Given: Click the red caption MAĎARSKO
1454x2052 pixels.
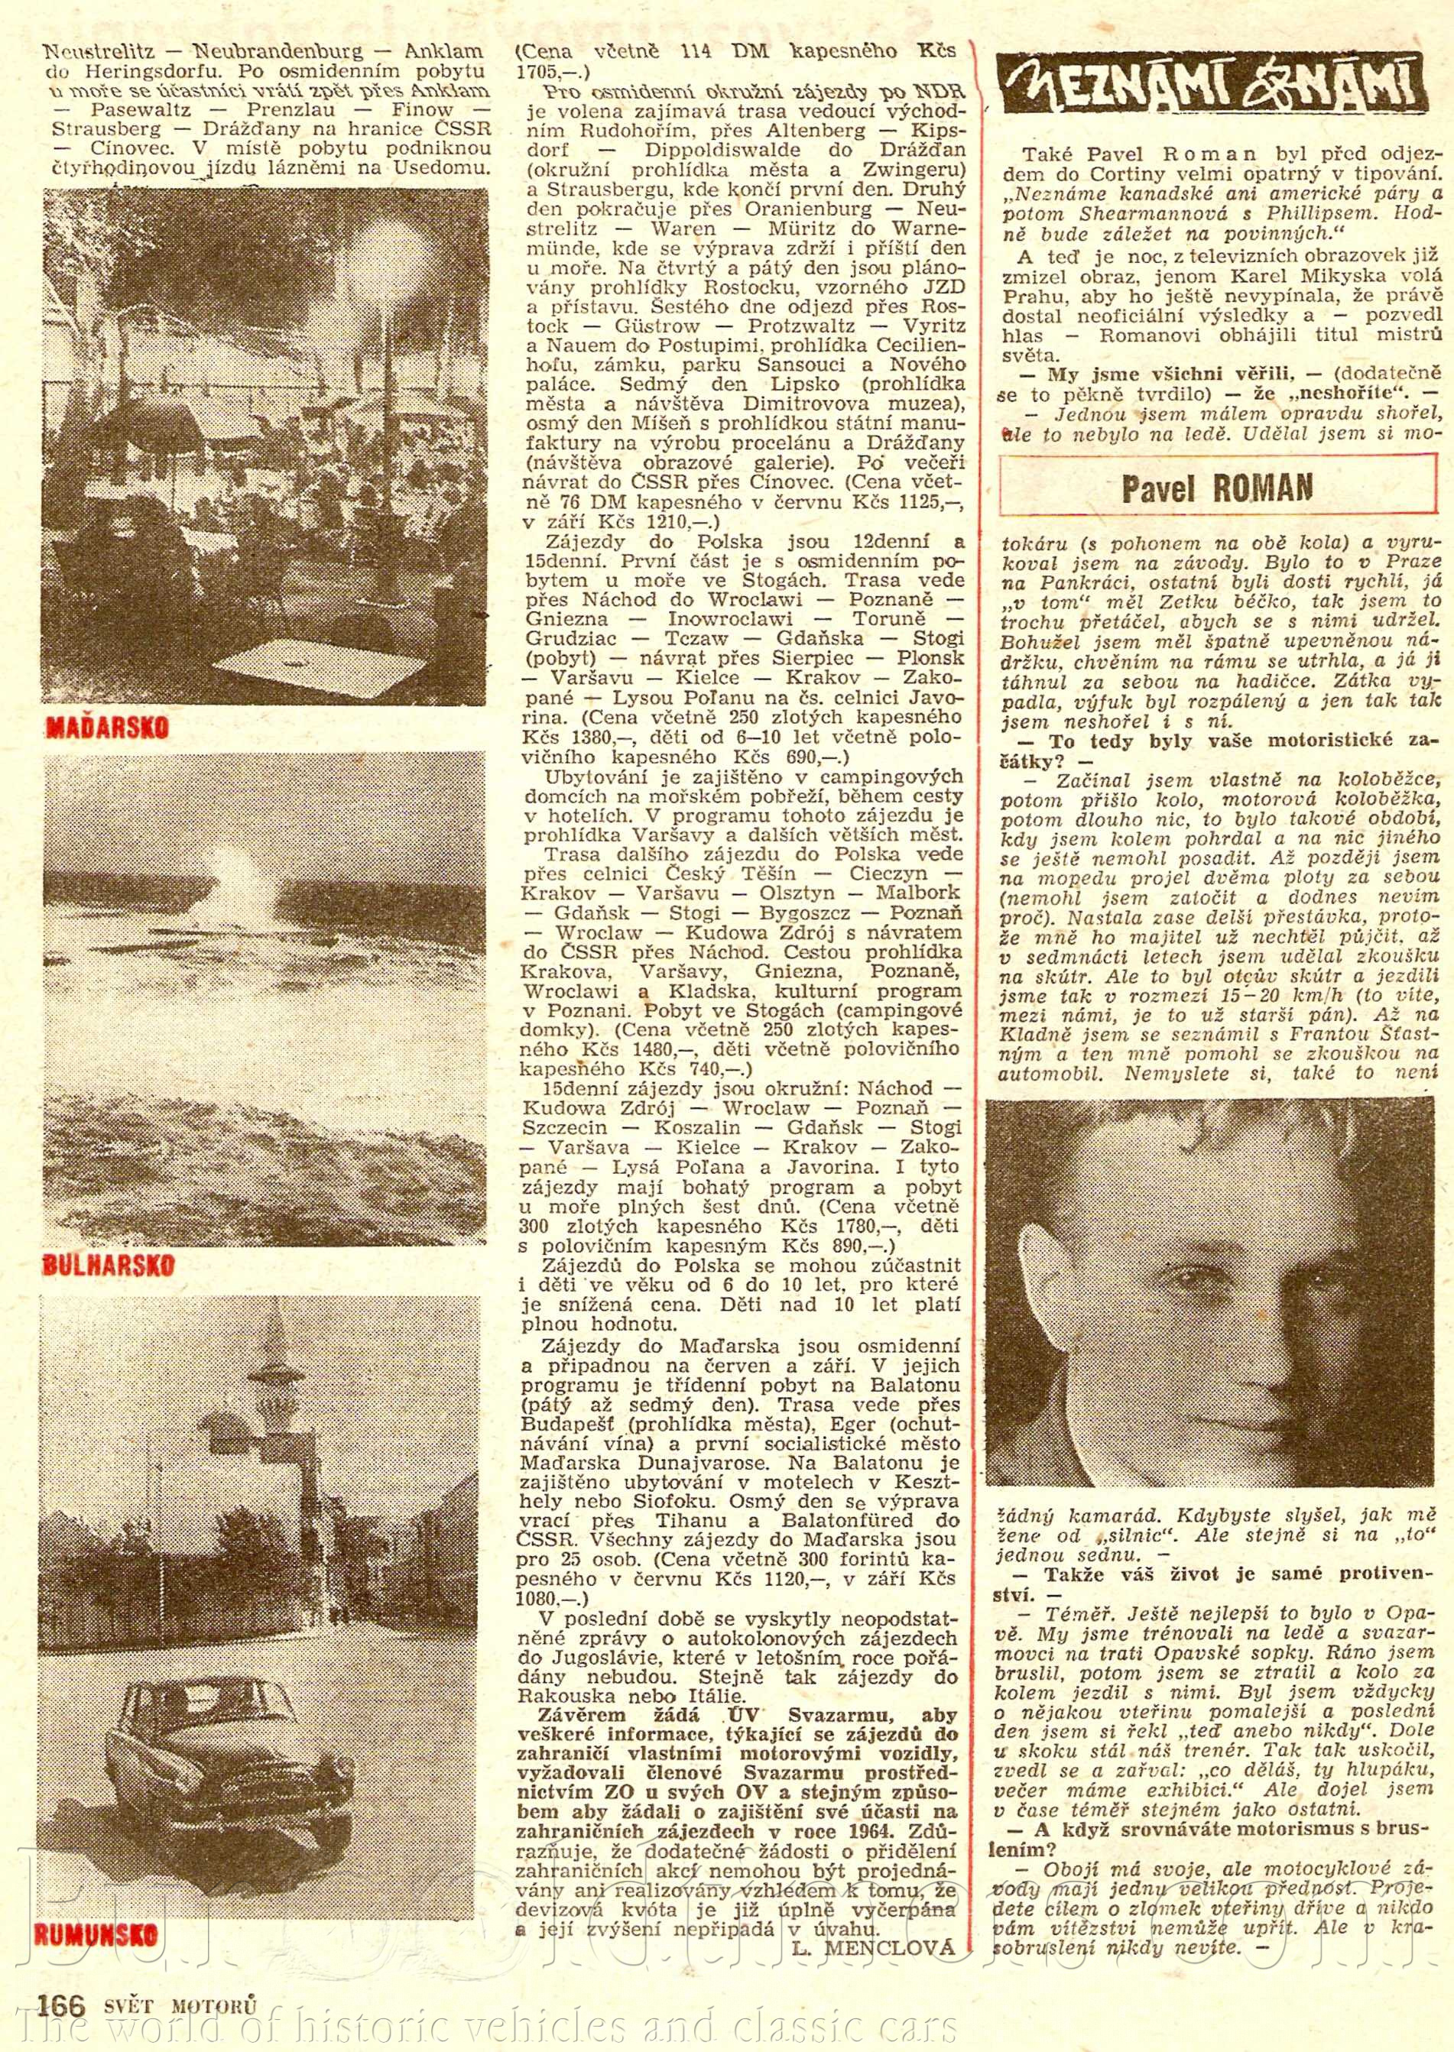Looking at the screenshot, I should tap(106, 727).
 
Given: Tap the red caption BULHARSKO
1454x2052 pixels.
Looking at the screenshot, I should tap(109, 1265).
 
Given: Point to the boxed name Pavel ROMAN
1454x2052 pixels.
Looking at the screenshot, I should tap(1217, 488).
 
